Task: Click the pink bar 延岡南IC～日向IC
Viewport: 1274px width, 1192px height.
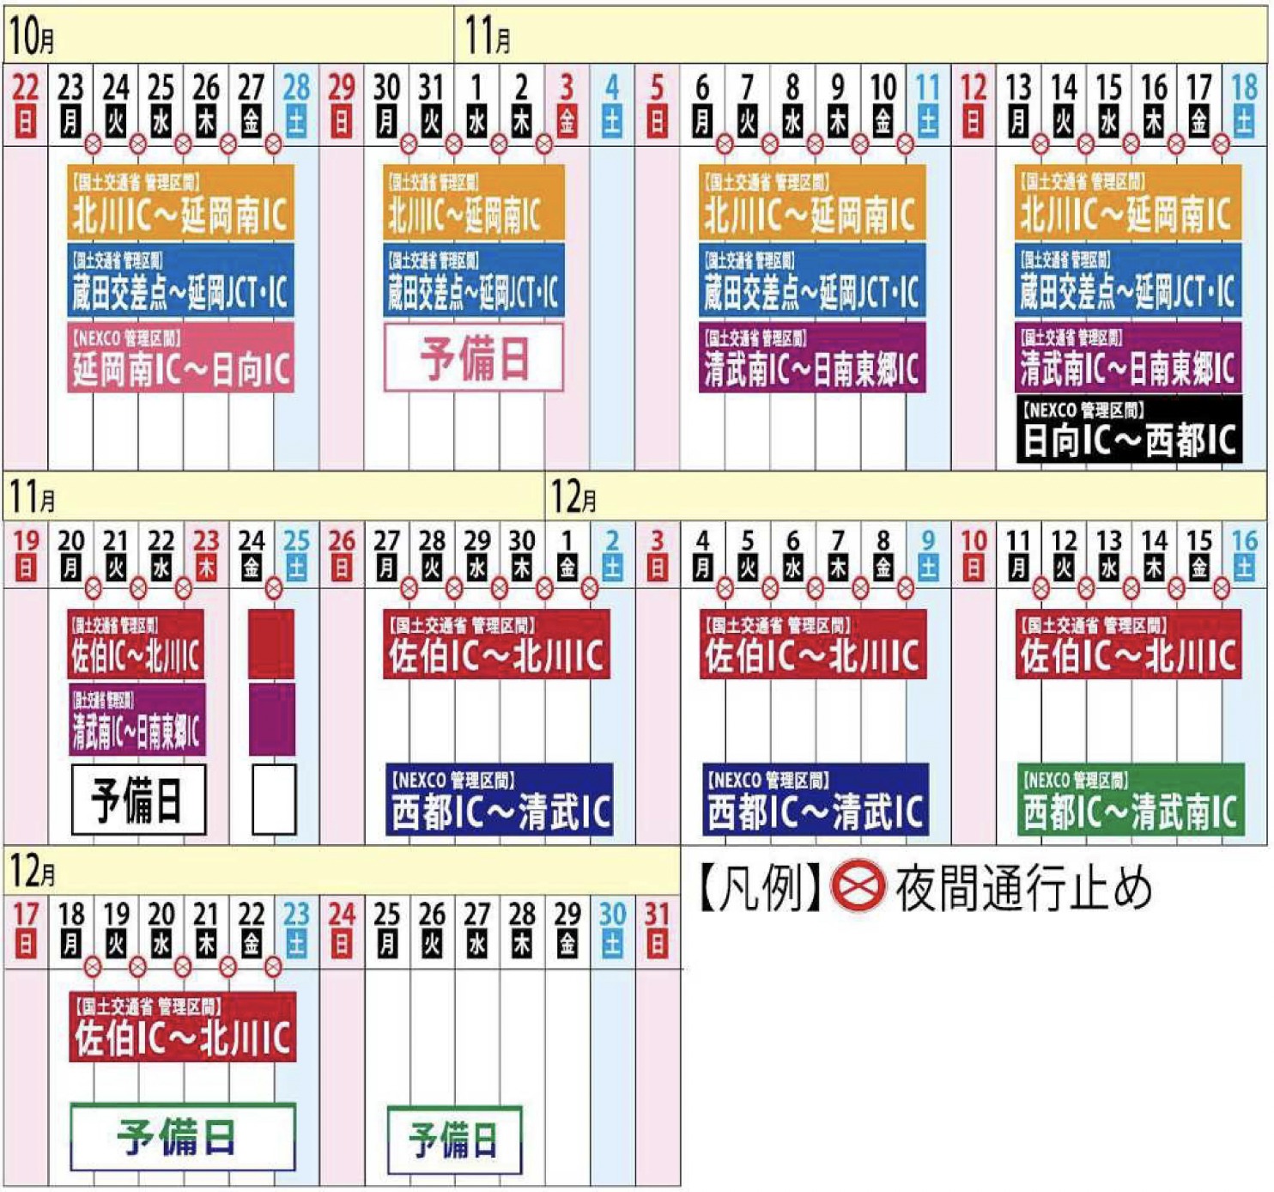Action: point(180,357)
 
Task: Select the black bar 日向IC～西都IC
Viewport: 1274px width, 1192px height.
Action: point(1128,429)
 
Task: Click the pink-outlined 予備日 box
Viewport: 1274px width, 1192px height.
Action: point(474,357)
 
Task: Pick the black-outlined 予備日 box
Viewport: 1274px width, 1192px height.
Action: point(138,800)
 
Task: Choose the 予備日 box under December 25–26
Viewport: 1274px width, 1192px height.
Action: point(454,1140)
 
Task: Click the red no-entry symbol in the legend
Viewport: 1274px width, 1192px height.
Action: point(858,887)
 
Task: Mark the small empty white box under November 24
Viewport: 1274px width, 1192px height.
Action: point(274,800)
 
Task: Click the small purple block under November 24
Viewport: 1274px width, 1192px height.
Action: point(272,720)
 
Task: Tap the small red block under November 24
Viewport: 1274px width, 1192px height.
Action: point(272,644)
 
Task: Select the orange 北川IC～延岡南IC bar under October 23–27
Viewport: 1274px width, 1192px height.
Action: point(180,203)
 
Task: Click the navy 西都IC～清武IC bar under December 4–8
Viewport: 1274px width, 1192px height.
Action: point(815,800)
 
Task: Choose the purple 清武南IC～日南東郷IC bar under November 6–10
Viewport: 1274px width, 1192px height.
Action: point(812,357)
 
